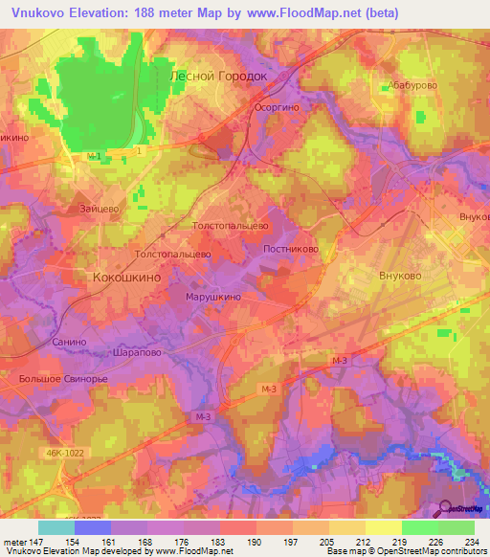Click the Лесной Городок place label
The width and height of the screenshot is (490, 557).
[x=215, y=75]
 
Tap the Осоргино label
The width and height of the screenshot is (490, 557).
[x=278, y=108]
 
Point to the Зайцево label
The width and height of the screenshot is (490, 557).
[x=99, y=207]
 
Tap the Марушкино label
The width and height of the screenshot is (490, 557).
[x=212, y=297]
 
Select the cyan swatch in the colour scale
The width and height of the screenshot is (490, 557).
[x=56, y=527]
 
